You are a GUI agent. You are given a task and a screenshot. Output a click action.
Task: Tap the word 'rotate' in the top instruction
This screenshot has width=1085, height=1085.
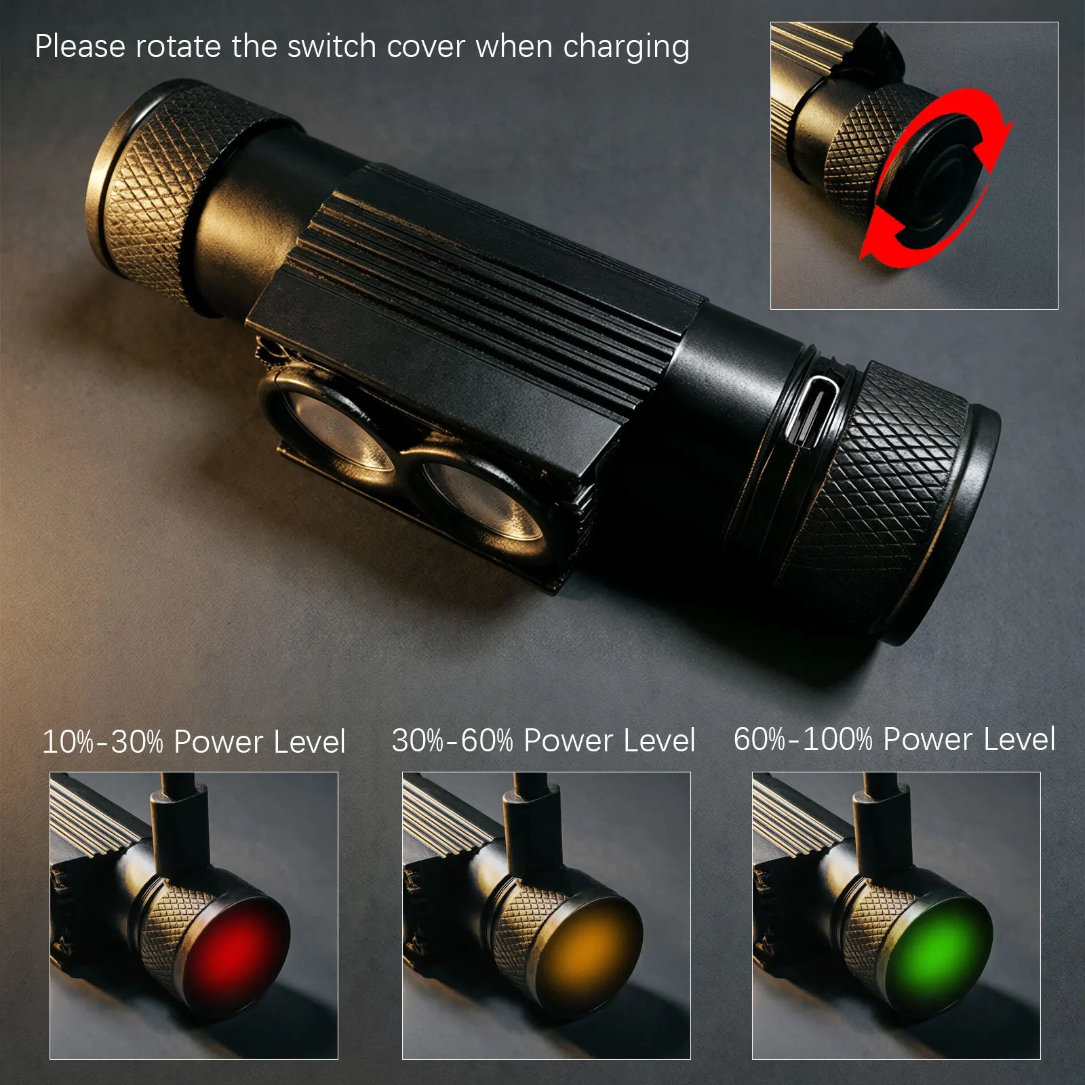pyautogui.click(x=178, y=47)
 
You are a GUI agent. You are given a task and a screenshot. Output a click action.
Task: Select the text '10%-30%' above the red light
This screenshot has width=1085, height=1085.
pyautogui.click(x=102, y=741)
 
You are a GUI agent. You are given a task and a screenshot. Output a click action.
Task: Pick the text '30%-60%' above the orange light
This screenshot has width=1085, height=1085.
pyautogui.click(x=452, y=740)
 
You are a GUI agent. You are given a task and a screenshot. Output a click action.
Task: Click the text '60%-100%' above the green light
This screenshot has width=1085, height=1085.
pyautogui.click(x=803, y=738)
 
